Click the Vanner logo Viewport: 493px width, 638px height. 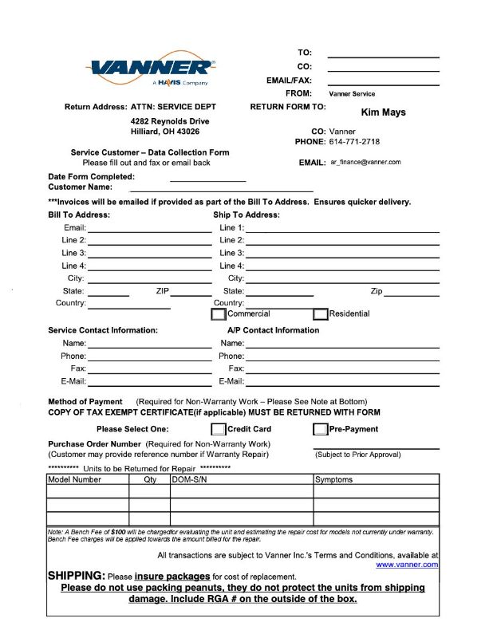pyautogui.click(x=152, y=70)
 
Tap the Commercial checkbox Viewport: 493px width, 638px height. pyautogui.click(x=219, y=314)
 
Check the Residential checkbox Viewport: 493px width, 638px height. pyautogui.click(x=320, y=314)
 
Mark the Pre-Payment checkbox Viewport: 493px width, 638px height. pyautogui.click(x=320, y=429)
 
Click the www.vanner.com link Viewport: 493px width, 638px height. pyautogui.click(x=407, y=565)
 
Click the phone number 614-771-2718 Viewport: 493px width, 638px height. pyautogui.click(x=354, y=142)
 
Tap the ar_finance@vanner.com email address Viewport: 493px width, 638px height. pyautogui.click(x=365, y=162)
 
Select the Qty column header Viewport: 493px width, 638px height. pyautogui.click(x=150, y=480)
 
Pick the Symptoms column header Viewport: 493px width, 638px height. pyautogui.click(x=333, y=480)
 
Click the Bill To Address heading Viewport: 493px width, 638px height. pyautogui.click(x=79, y=215)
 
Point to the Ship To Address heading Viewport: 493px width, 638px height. pyautogui.click(x=246, y=215)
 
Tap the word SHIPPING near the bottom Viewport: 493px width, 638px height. pyautogui.click(x=76, y=576)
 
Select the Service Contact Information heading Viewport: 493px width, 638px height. pyautogui.click(x=103, y=330)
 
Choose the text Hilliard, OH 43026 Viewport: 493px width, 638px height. pyautogui.click(x=165, y=132)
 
